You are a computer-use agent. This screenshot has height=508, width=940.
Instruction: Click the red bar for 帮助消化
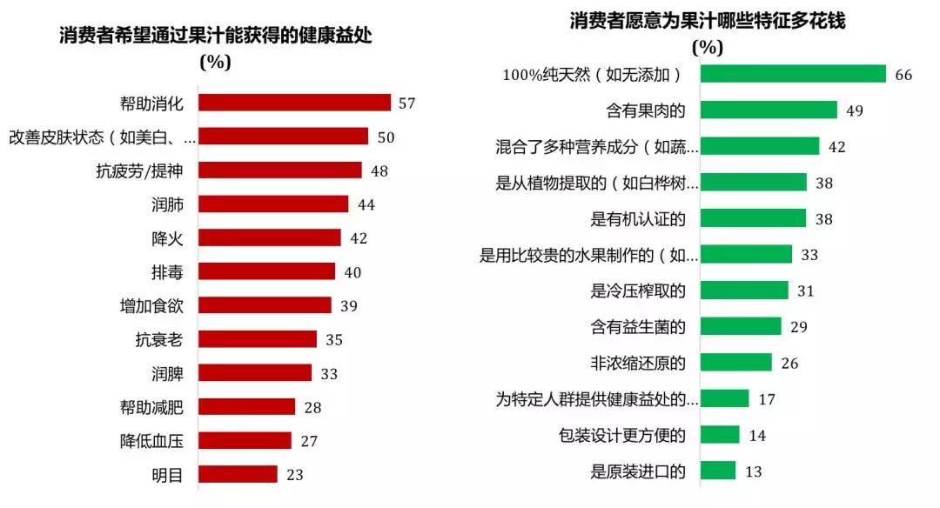[294, 103]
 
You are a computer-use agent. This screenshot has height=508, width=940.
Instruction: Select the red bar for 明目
[238, 474]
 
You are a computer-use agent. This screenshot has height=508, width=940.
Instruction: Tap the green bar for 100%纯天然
[793, 74]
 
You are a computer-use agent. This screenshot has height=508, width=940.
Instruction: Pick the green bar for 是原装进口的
[718, 471]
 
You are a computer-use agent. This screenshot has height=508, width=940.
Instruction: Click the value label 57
[406, 104]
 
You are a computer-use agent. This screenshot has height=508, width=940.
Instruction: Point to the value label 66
[903, 75]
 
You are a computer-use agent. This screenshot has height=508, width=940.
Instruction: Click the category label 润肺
[165, 204]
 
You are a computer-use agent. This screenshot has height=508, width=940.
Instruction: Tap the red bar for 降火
[270, 237]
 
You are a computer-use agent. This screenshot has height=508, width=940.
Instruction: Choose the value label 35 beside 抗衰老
[334, 339]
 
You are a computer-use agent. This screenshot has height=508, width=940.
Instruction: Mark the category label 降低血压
[151, 441]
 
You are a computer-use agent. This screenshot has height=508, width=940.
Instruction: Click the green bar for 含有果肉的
[769, 110]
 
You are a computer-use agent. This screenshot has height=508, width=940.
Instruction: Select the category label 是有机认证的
[639, 217]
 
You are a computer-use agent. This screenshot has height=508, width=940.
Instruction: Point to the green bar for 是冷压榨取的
[744, 290]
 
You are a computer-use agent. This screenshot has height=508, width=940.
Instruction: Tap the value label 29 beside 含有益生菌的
[799, 327]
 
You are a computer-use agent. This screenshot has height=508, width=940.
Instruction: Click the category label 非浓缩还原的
[639, 362]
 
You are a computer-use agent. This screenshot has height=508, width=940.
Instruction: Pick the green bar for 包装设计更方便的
[720, 434]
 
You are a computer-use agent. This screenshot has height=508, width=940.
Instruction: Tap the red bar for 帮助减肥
[247, 406]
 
